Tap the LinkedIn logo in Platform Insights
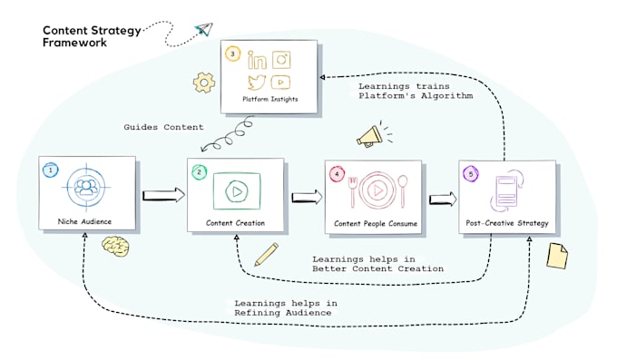[257, 62]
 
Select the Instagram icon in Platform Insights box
[282, 61]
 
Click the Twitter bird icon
[257, 82]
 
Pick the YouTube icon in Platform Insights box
[283, 83]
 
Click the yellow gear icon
[203, 83]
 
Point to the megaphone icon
[369, 136]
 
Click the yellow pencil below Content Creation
[266, 254]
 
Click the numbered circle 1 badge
[51, 169]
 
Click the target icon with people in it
[87, 190]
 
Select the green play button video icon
[236, 192]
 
